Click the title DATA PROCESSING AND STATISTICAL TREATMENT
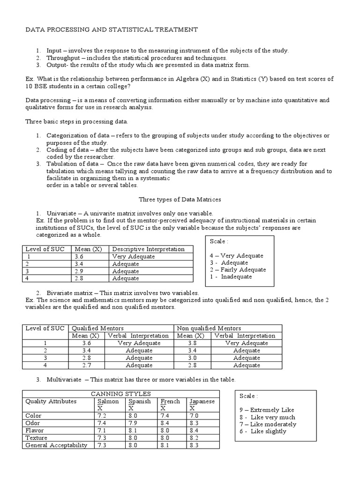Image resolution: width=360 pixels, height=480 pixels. click(x=111, y=30)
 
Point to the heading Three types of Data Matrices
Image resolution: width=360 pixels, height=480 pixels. click(x=180, y=199)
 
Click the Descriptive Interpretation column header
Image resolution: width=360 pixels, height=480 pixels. click(x=148, y=249)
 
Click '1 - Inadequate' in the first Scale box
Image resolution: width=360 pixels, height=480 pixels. click(x=231, y=277)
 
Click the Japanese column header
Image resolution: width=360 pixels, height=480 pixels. click(x=202, y=401)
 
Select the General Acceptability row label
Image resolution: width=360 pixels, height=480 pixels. click(x=56, y=445)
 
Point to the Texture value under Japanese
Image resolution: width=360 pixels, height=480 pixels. click(x=195, y=438)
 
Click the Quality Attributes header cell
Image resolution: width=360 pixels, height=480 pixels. click(x=51, y=401)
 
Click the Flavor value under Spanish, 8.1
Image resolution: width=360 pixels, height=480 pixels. click(x=133, y=430)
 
